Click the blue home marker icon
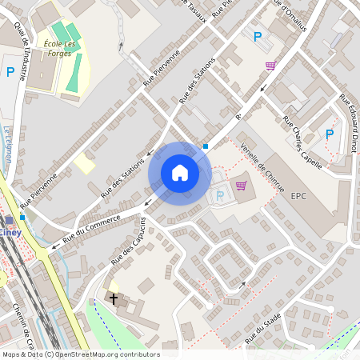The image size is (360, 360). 180,172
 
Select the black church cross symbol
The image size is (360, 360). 114,299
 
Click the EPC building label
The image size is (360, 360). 299,195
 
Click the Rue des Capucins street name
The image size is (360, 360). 130,239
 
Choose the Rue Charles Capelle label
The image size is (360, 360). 302,143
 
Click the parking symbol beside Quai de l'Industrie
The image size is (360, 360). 10,72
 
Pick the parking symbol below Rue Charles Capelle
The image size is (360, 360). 329,134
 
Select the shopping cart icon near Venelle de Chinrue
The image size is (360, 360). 241,186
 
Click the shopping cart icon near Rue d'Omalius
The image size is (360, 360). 271,66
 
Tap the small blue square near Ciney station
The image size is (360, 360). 22,217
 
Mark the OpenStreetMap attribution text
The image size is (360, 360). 80,354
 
